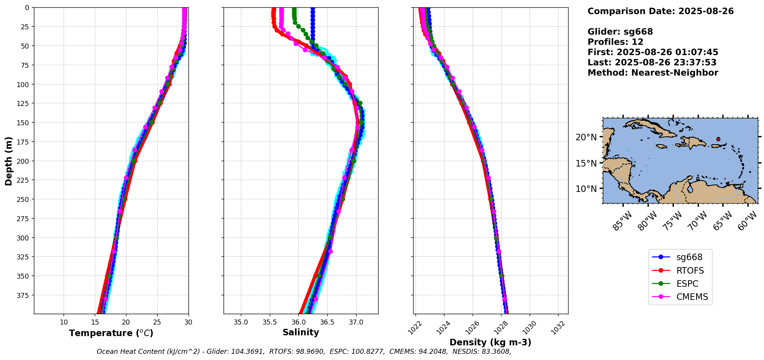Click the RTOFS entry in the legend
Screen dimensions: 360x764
point(690,271)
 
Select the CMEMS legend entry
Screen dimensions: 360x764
point(692,297)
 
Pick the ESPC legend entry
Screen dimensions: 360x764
point(687,284)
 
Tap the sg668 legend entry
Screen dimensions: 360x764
point(689,257)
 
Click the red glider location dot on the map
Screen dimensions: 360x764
point(718,139)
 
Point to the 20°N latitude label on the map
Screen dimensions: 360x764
point(586,137)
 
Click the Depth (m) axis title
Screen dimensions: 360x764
point(8,161)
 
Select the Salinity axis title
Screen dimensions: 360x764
point(301,333)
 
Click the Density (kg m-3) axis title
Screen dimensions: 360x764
point(490,342)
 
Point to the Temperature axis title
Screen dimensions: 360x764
point(111,333)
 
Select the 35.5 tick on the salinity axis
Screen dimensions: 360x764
point(269,322)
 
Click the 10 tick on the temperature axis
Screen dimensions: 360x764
point(64,322)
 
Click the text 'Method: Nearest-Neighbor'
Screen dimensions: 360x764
point(653,73)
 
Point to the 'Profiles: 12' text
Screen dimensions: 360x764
point(615,42)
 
